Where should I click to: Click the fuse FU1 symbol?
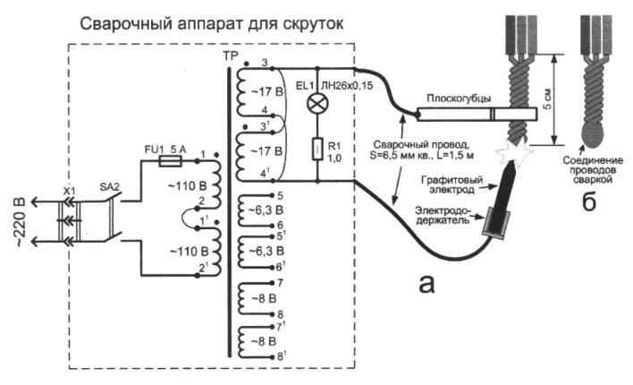(x=170, y=162)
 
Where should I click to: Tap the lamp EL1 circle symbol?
(x=313, y=104)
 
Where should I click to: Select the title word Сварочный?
(x=120, y=20)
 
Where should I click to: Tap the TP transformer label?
(x=230, y=55)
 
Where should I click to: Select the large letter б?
(x=590, y=202)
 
